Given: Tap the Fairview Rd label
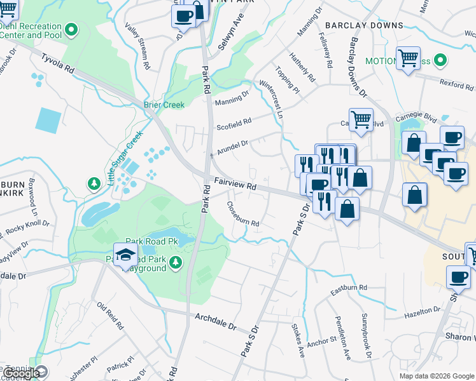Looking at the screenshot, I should coord(234,184).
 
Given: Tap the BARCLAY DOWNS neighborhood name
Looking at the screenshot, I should coord(364,25).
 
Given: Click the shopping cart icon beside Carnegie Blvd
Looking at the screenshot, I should coord(361,119).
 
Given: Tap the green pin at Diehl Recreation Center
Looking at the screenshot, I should coord(72,29).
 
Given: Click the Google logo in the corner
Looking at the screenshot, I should coord(20,373).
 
